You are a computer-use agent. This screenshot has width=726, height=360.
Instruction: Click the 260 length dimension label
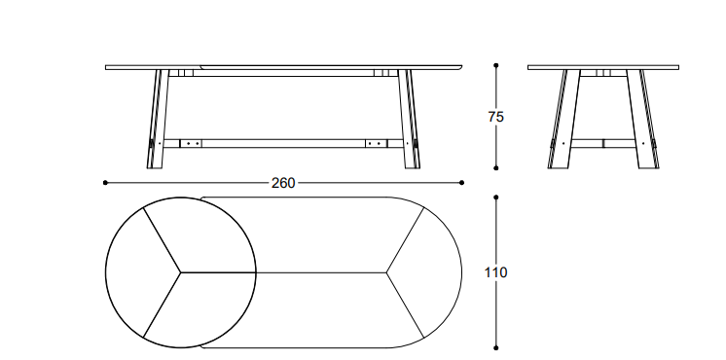(x=283, y=183)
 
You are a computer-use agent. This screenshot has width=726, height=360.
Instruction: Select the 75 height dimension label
(x=495, y=117)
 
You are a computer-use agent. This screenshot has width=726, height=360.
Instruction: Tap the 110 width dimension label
(x=495, y=272)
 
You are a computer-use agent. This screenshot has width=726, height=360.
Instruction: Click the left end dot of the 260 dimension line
(x=105, y=183)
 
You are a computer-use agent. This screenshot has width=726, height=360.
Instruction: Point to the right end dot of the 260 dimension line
(x=461, y=183)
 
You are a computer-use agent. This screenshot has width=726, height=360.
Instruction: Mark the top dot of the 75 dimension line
(x=496, y=66)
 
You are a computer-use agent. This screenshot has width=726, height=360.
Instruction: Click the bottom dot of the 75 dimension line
(x=496, y=168)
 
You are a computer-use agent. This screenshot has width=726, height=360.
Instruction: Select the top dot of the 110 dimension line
(x=496, y=198)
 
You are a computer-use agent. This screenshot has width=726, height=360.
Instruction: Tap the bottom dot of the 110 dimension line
(x=496, y=347)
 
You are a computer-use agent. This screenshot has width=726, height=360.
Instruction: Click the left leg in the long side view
(x=158, y=119)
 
